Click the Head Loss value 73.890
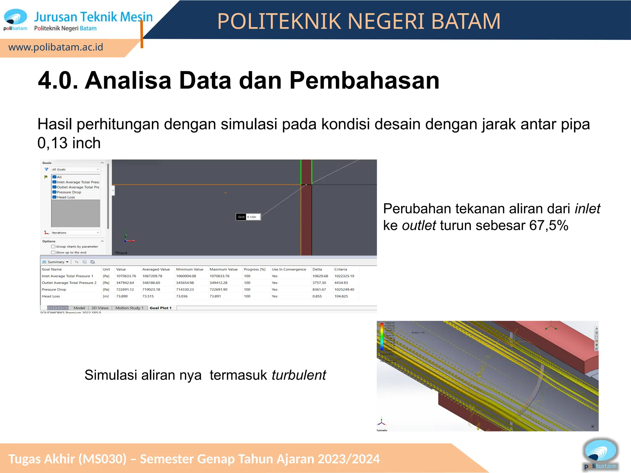point(122,296)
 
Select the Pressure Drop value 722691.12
point(125,289)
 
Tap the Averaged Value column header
point(156,269)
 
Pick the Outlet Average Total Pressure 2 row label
point(69,283)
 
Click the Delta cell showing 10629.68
point(320,276)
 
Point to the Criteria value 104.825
point(341,296)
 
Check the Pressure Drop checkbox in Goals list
point(55,192)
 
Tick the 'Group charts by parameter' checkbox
point(53,247)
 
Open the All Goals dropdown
point(75,169)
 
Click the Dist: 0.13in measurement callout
point(248,217)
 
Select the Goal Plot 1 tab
point(160,308)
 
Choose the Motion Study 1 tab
point(129,308)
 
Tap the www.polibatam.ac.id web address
point(56,47)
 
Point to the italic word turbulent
point(299,375)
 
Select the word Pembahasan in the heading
point(364,81)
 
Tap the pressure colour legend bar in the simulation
point(382,336)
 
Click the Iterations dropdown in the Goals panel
point(75,233)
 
